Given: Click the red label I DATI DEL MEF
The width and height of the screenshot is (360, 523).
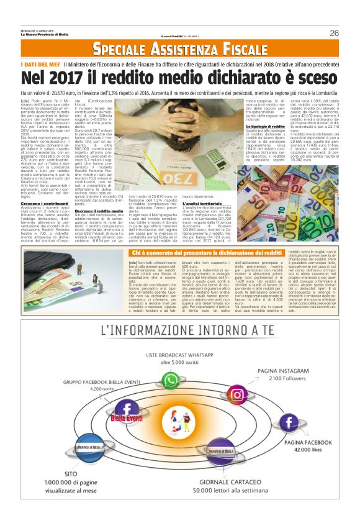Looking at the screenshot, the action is pos(40,64).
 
